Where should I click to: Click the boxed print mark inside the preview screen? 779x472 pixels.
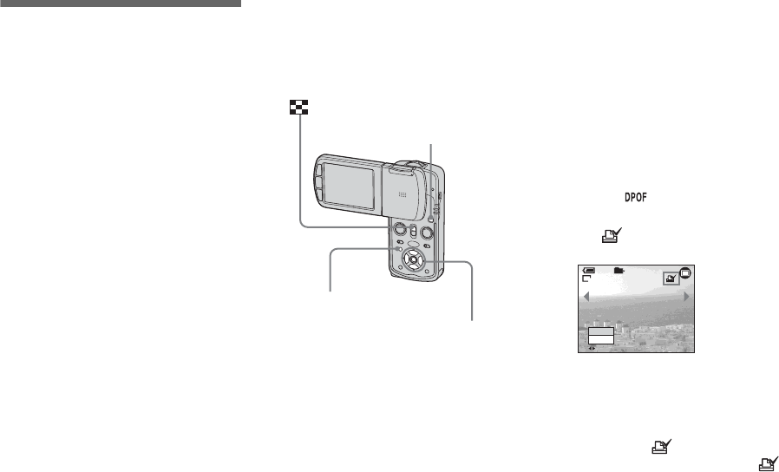click(x=668, y=278)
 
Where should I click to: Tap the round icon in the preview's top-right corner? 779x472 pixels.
click(x=685, y=274)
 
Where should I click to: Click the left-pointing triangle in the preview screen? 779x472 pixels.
click(x=587, y=297)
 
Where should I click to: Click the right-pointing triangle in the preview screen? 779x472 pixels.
click(x=686, y=297)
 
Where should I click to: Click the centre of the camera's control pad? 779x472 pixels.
click(x=415, y=259)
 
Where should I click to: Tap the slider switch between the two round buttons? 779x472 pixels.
click(x=415, y=231)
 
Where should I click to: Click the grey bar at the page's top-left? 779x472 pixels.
click(x=120, y=3)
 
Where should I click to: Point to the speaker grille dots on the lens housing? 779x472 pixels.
click(x=401, y=195)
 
